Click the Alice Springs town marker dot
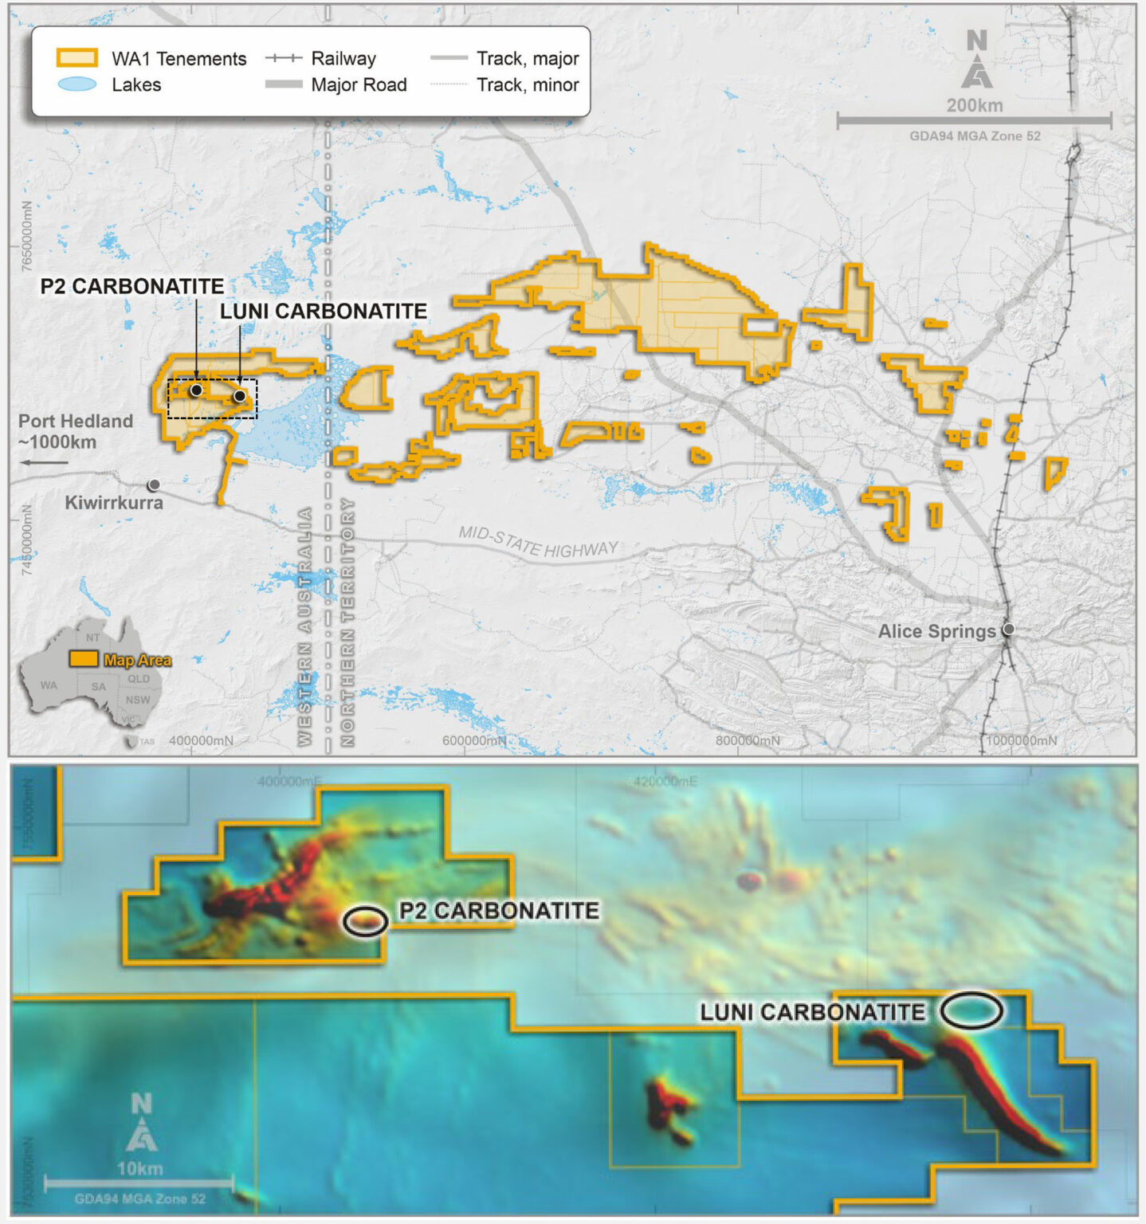click(1008, 630)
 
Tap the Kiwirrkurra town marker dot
click(154, 484)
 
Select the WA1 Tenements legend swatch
click(77, 58)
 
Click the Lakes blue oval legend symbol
click(77, 84)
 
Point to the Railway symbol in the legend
click(283, 58)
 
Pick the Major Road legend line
click(283, 84)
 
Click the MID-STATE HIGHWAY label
click(538, 543)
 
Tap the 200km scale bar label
click(975, 105)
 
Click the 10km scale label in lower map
click(139, 1169)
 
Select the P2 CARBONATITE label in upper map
click(132, 286)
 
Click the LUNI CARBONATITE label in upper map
click(324, 311)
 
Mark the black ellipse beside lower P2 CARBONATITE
click(366, 921)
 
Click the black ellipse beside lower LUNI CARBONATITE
click(971, 1010)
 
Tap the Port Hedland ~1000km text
click(75, 431)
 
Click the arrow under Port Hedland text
click(44, 462)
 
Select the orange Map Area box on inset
click(83, 659)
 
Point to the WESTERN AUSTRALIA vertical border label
click(304, 626)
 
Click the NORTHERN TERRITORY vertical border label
click(347, 622)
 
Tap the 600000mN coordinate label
click(474, 740)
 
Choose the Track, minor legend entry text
click(528, 84)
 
